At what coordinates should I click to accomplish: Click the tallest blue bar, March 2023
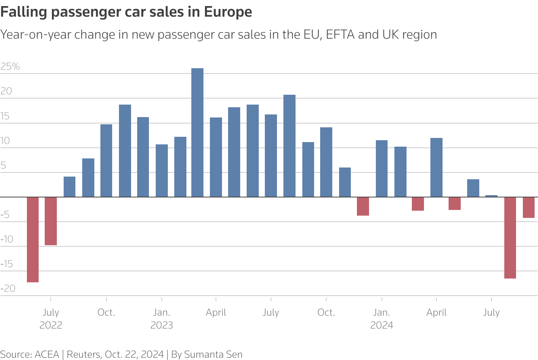[x=197, y=133]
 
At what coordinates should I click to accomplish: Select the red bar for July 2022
[x=51, y=221]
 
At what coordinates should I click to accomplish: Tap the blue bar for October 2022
[x=106, y=161]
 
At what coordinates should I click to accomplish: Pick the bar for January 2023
[x=162, y=171]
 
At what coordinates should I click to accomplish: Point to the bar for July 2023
[x=271, y=156]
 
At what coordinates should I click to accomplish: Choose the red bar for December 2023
[x=363, y=206]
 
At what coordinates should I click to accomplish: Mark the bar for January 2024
[x=382, y=169]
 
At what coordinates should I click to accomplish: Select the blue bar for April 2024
[x=436, y=167]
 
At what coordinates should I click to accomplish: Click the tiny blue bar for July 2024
[x=491, y=196]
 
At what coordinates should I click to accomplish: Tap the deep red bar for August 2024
[x=510, y=238]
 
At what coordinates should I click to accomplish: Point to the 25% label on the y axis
[x=10, y=67]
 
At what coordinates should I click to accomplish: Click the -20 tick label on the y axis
[x=8, y=288]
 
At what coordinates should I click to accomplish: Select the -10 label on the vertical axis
[x=7, y=239]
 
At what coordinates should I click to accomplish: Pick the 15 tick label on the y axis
[x=5, y=116]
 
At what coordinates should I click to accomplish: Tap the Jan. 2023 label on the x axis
[x=162, y=319]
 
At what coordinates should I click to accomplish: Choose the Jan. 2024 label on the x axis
[x=382, y=319]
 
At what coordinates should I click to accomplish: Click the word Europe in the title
[x=228, y=12]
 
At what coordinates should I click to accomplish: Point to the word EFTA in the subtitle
[x=340, y=34]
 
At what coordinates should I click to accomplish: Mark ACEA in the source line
[x=47, y=354]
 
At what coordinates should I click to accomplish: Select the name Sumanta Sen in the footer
[x=213, y=354]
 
